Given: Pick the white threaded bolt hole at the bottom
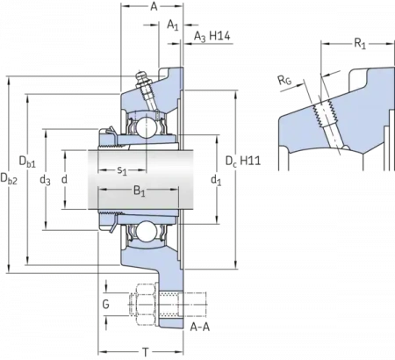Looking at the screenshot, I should pos(172,306).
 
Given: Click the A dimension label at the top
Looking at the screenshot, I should pos(154,7).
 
